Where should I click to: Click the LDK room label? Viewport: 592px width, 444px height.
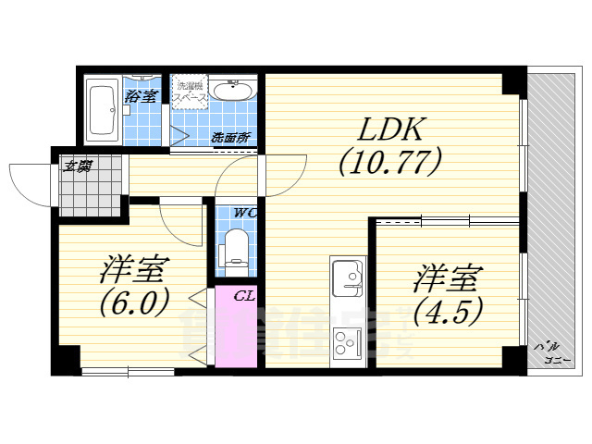[x=387, y=130]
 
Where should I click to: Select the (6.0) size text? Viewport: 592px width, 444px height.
[x=135, y=302]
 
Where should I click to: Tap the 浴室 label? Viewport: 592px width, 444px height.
[x=142, y=94]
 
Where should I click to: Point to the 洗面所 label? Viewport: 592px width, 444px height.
[x=230, y=138]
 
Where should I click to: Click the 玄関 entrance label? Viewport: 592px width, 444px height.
[x=77, y=166]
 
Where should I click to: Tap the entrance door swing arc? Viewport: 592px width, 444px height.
[x=26, y=181]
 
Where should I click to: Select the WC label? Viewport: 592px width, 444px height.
[x=244, y=213]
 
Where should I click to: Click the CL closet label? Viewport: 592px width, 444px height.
[x=244, y=296]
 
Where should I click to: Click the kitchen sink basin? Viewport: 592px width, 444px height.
[x=349, y=278]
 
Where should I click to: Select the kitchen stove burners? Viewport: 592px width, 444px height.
[x=349, y=340]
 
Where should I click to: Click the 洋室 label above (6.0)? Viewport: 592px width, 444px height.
[x=134, y=271]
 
